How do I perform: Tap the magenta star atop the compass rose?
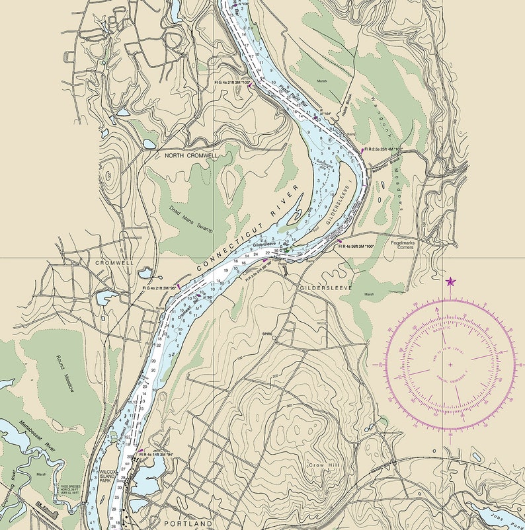click(x=451, y=282)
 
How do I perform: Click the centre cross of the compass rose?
click(x=451, y=364)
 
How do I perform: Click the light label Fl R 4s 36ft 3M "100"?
click(x=356, y=246)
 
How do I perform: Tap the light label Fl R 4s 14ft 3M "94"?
click(x=156, y=455)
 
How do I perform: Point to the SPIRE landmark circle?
click(x=274, y=339)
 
